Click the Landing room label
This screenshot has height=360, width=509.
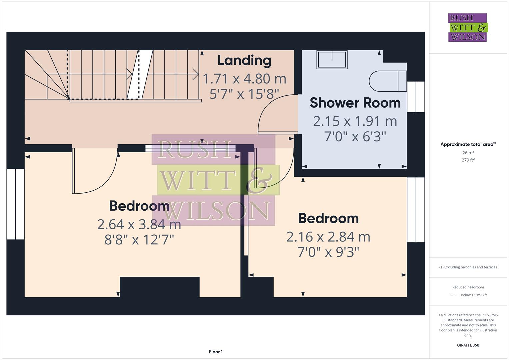point(244,60)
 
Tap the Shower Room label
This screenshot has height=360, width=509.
point(355,103)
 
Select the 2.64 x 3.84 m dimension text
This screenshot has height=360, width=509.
point(139,224)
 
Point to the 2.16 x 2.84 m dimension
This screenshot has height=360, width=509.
point(328,237)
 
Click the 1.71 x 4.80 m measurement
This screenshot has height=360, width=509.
point(244,79)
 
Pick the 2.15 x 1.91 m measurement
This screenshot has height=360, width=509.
point(355,121)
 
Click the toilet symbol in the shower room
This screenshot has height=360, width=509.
point(387,81)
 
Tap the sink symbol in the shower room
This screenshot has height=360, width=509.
point(332,60)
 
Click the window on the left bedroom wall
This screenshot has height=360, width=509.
point(15,204)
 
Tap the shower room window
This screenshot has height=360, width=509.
point(416,97)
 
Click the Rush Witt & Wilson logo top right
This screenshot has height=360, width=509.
point(467,27)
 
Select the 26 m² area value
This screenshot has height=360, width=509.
point(468,153)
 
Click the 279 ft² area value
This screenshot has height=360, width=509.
point(468,160)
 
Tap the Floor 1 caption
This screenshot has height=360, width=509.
point(216,352)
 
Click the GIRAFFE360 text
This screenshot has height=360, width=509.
point(468,345)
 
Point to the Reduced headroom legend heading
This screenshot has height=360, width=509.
point(468,287)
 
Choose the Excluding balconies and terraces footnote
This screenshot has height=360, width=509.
point(468,267)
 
